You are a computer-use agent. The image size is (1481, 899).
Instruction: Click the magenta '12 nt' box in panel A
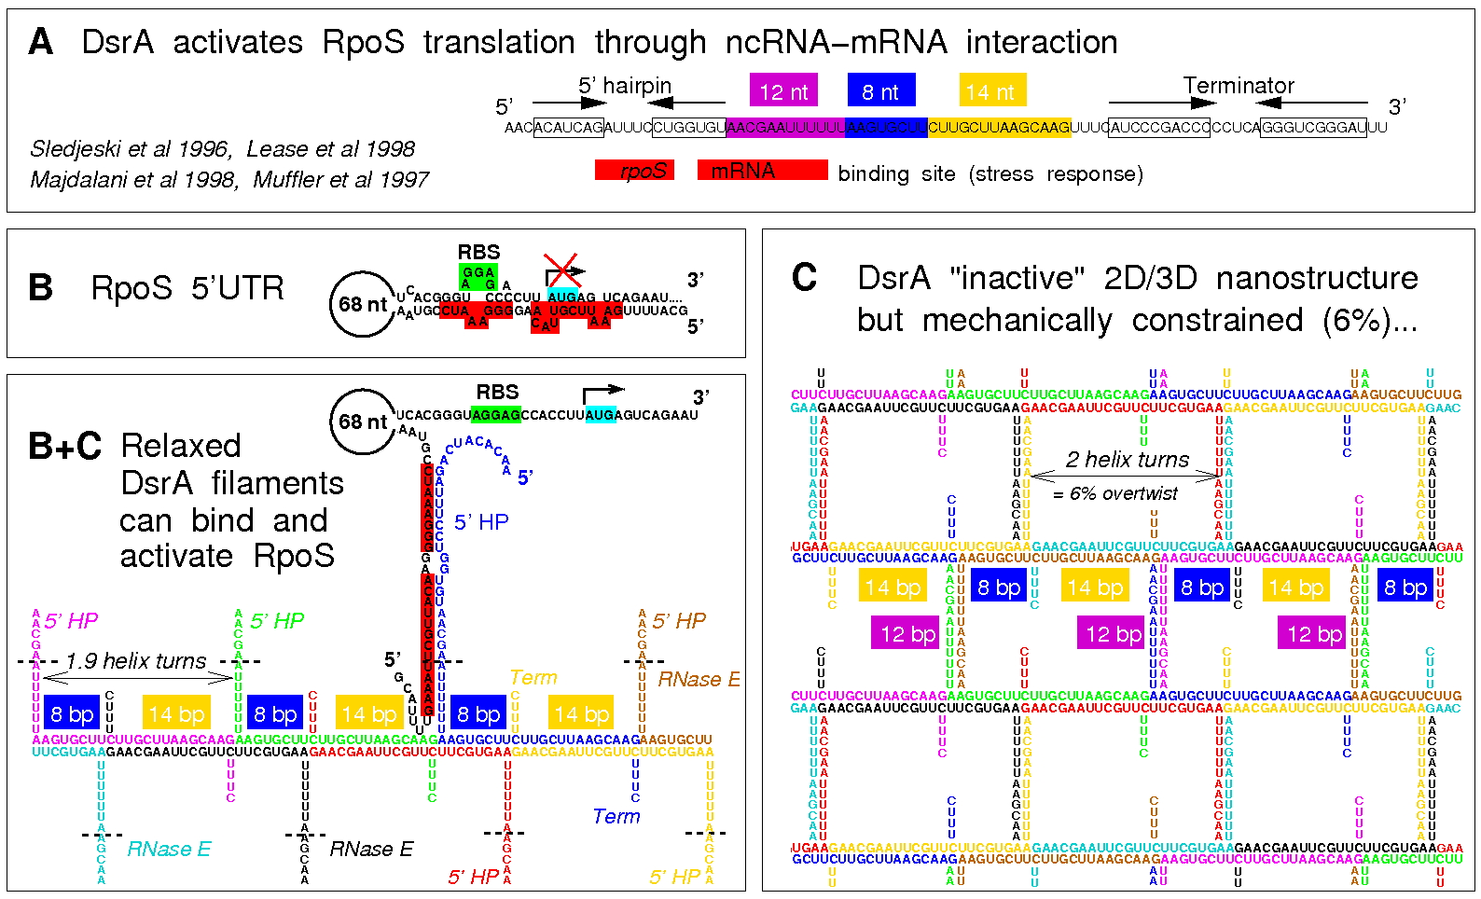[x=783, y=91]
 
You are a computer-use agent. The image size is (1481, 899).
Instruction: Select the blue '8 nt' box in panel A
[x=881, y=91]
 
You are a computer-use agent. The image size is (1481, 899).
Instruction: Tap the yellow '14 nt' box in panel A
[x=992, y=91]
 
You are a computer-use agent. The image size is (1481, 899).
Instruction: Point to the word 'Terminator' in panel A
[x=1239, y=86]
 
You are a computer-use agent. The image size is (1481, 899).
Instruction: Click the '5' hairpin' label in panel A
[x=625, y=86]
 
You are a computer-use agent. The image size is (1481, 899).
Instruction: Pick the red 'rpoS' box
[x=634, y=171]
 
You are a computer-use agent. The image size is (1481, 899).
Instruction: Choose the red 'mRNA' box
[x=762, y=171]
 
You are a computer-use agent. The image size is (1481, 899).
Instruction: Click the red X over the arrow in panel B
[x=562, y=270]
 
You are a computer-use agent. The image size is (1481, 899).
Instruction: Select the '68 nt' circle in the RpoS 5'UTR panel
[x=363, y=304]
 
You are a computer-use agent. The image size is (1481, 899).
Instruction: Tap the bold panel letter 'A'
[x=41, y=43]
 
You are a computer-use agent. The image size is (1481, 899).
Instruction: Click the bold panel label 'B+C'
[x=64, y=447]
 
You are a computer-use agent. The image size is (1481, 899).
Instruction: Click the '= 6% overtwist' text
[x=1115, y=493]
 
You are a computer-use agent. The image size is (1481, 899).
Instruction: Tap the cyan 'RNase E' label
[x=169, y=850]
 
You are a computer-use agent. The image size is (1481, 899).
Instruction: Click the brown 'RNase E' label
[x=699, y=680]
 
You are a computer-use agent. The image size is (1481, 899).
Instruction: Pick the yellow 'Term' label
[x=533, y=678]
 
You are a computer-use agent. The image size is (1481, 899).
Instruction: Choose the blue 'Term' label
[x=616, y=817]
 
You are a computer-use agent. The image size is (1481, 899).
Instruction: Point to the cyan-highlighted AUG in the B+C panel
[x=601, y=415]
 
